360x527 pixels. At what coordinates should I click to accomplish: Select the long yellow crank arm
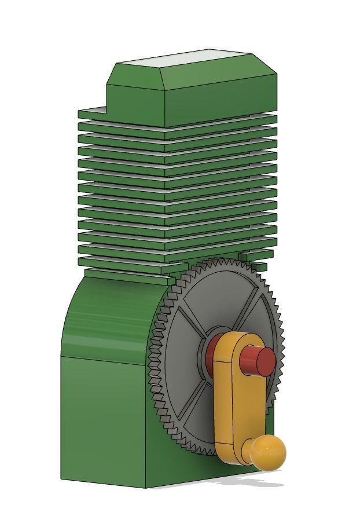(232, 400)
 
